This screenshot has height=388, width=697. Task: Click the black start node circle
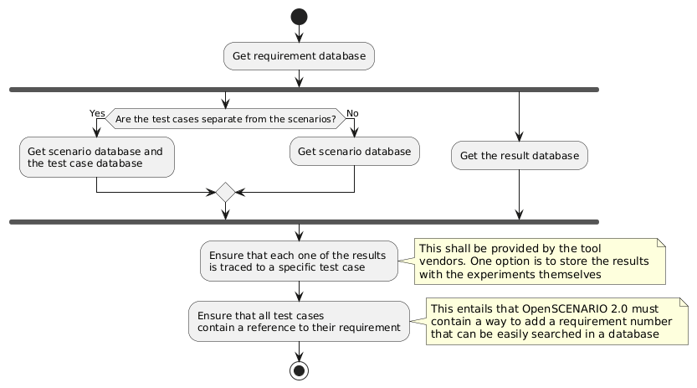[299, 17]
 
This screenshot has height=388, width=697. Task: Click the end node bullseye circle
[299, 370]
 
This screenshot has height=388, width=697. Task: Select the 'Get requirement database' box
[299, 56]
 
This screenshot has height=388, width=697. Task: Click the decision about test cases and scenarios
[225, 119]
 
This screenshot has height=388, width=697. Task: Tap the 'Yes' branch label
[97, 113]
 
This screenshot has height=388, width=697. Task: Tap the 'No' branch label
[352, 113]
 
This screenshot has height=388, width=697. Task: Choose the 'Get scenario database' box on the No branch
[355, 151]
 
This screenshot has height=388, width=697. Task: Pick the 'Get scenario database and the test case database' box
[97, 158]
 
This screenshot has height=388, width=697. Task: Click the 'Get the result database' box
[520, 155]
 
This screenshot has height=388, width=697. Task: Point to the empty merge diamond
[225, 192]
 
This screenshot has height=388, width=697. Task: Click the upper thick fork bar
[305, 89]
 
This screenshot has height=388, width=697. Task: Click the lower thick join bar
[305, 221]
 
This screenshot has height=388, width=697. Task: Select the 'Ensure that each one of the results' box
[299, 261]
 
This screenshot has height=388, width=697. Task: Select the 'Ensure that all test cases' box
[299, 321]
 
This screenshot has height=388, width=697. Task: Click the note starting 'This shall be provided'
[540, 261]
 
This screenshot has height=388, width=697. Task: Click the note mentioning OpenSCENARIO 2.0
[557, 321]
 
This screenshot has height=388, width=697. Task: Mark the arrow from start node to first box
[299, 34]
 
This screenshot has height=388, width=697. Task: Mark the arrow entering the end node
[299, 350]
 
